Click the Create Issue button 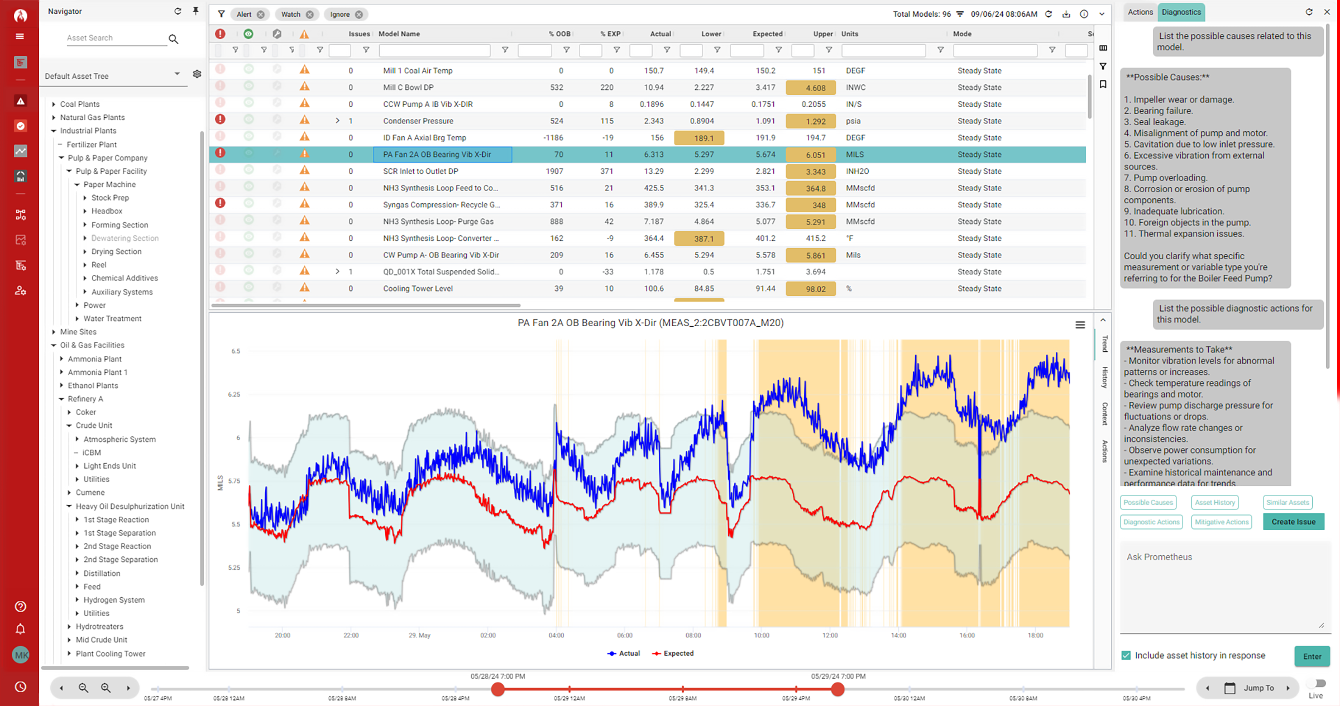pos(1293,522)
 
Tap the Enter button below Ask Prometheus pos(1312,656)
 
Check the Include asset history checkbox pos(1126,655)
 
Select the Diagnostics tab pos(1181,12)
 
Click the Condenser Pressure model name pos(418,121)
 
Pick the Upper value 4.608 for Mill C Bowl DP pos(815,88)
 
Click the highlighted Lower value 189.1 pos(703,138)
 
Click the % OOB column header pos(559,34)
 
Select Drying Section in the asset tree pos(116,251)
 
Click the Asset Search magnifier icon pos(174,39)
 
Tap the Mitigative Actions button pos(1221,522)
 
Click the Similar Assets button pos(1287,502)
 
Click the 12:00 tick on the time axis pos(830,635)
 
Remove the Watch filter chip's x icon pos(310,15)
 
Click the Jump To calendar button pos(1229,688)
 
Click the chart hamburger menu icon pos(1080,325)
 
